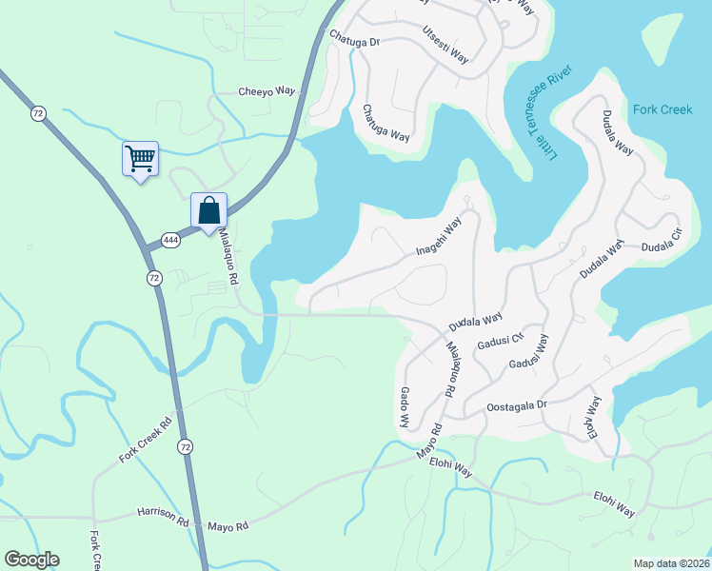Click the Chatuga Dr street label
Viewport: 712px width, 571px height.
coord(355,41)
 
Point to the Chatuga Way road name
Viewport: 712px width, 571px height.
coord(386,124)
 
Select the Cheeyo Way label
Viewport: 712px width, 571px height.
coord(267,91)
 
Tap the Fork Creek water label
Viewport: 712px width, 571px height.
coord(663,109)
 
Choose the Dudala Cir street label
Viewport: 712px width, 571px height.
coord(663,240)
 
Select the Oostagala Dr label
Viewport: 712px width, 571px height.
coord(519,405)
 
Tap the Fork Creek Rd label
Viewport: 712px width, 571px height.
coord(145,440)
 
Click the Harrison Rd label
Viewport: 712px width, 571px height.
coord(163,515)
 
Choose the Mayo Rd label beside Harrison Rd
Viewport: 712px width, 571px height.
coord(227,525)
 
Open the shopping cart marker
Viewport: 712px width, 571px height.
coord(140,158)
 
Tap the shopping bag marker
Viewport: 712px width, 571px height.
coord(208,210)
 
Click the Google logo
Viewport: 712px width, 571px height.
coord(31,560)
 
